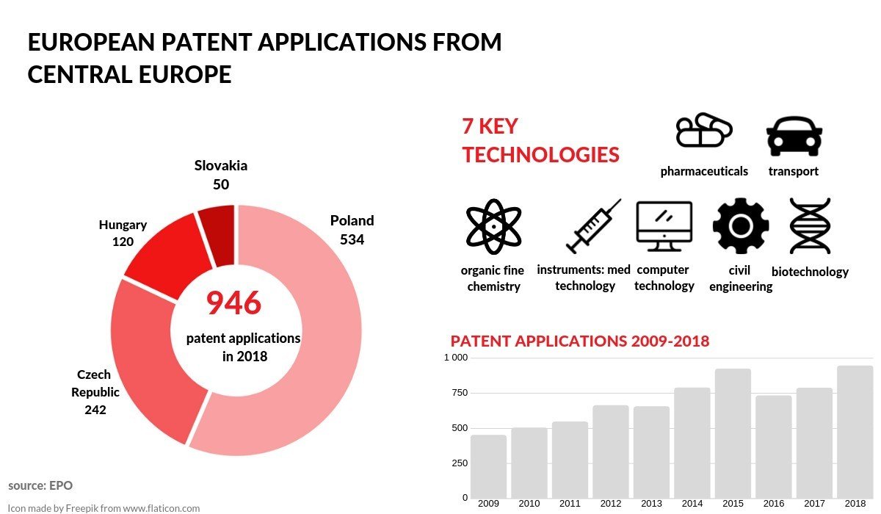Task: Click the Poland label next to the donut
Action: tap(352, 220)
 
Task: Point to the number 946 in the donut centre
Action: tap(233, 303)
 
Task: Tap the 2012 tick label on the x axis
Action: tap(610, 504)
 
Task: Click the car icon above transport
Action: tap(794, 136)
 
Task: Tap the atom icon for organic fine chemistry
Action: tap(493, 226)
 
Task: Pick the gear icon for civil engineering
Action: tap(740, 226)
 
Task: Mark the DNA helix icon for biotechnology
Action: tap(810, 226)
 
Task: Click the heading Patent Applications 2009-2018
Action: tap(579, 341)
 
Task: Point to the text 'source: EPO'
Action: tap(40, 485)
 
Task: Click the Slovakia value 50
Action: tap(221, 184)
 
